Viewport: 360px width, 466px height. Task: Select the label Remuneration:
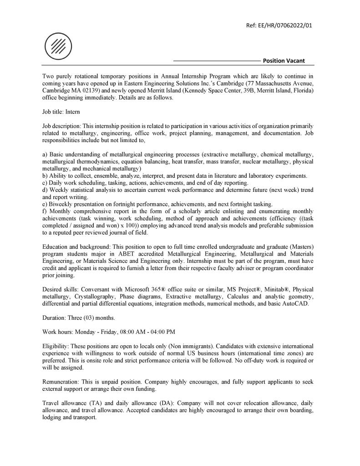[x=62, y=382]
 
